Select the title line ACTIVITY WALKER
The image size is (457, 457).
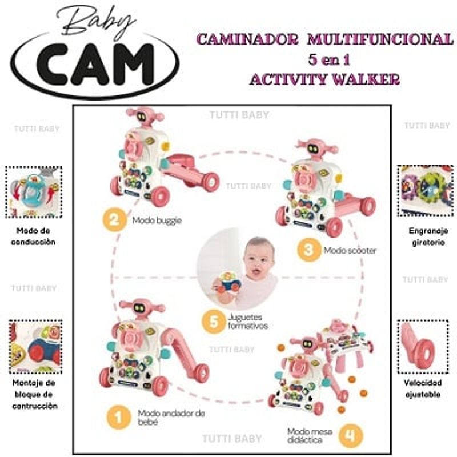(x=324, y=79)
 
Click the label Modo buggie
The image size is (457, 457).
(x=157, y=220)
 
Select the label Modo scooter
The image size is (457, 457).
(x=350, y=250)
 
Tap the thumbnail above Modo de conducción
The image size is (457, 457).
(x=34, y=192)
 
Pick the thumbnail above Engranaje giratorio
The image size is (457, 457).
(x=426, y=191)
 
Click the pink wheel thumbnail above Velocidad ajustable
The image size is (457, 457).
(x=423, y=346)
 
